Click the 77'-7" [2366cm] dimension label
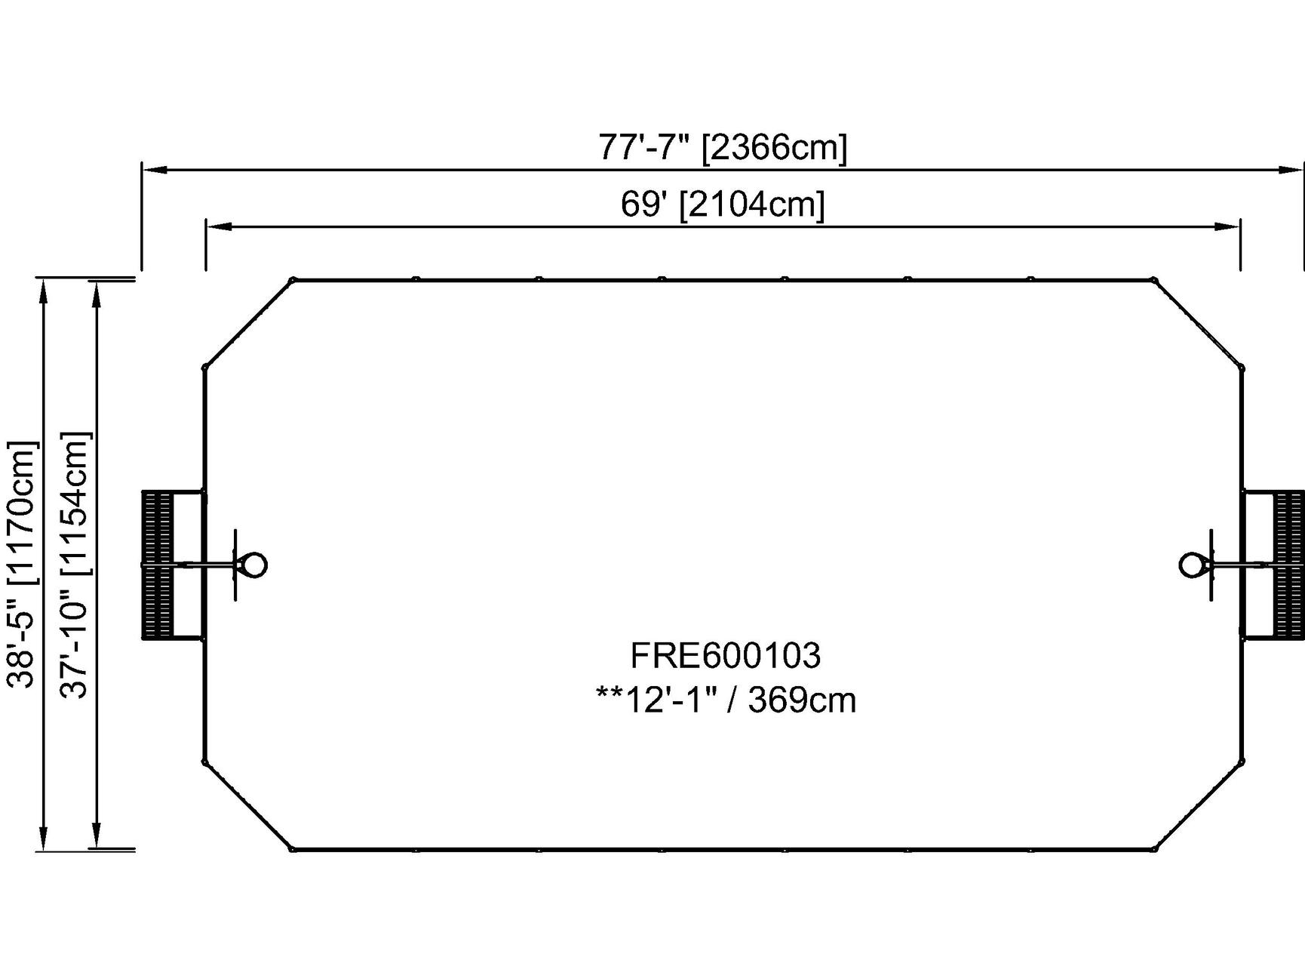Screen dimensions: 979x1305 point(723,147)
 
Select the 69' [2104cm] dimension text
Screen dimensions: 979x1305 point(723,204)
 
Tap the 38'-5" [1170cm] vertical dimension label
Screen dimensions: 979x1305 point(21,564)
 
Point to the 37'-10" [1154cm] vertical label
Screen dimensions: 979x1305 point(75,564)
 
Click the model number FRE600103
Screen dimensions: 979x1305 point(725,655)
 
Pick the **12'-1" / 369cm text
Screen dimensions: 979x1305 point(726,700)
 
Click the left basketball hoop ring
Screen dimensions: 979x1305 point(253,565)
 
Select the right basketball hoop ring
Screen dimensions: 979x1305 point(1193,565)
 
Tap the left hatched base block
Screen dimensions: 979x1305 point(157,565)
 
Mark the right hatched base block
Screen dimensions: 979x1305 point(1288,565)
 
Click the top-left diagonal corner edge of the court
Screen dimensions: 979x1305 point(248,324)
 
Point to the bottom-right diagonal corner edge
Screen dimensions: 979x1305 point(1199,806)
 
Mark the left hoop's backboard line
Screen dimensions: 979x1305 point(236,565)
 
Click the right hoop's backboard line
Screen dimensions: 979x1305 point(1211,565)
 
